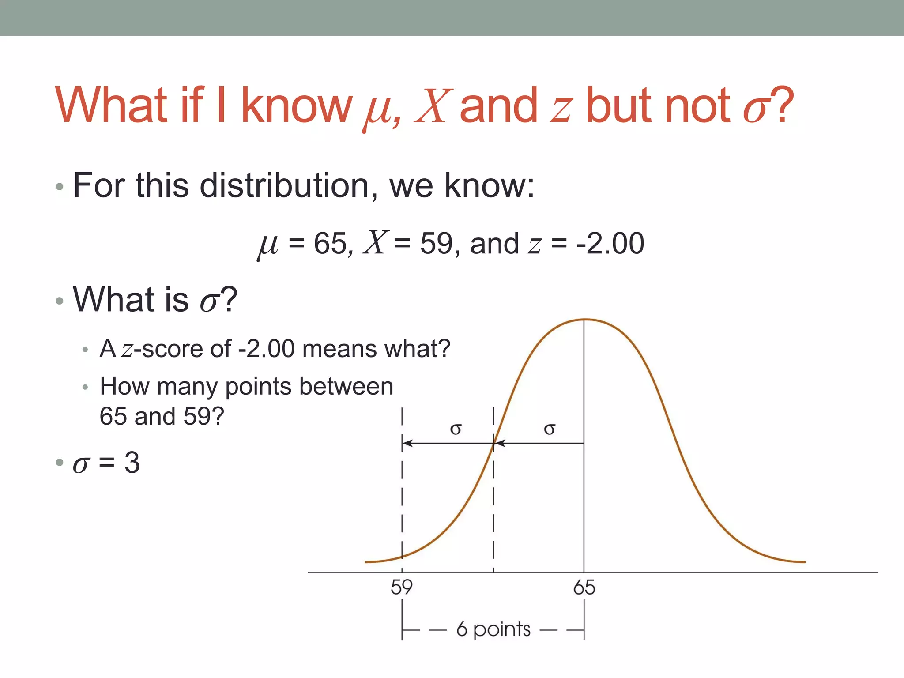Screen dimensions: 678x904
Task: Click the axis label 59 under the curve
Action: (401, 588)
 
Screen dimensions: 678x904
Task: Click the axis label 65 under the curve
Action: (584, 588)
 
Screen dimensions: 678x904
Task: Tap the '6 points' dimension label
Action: (493, 629)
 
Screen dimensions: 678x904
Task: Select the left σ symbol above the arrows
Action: (456, 429)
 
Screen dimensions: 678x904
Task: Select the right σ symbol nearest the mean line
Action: (549, 429)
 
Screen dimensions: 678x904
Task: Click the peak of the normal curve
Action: (584, 319)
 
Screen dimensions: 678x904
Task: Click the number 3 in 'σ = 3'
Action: (132, 463)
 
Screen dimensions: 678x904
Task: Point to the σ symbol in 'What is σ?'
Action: (209, 301)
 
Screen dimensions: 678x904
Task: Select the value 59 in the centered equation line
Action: (436, 243)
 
